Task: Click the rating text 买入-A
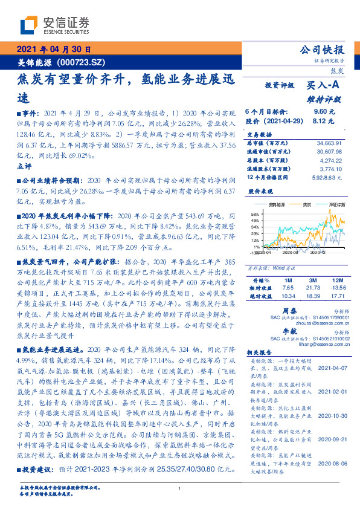pos(320,86)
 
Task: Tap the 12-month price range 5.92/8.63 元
pos(327,177)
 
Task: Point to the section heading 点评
pos(25,166)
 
